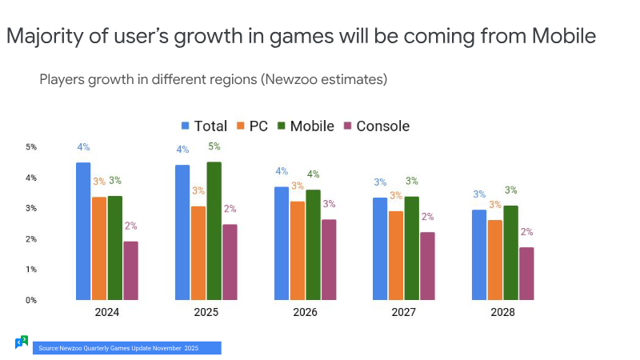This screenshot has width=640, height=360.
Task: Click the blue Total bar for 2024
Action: (83, 231)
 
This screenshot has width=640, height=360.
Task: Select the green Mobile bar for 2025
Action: (214, 231)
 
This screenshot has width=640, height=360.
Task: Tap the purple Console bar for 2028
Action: (526, 274)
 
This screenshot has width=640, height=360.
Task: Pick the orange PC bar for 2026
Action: (298, 250)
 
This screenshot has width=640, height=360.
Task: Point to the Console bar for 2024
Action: (130, 270)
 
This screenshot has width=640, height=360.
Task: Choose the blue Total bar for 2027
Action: (380, 249)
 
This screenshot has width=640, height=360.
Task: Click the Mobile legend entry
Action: (306, 126)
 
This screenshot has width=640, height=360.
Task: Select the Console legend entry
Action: (377, 126)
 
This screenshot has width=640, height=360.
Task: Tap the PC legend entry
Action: (252, 126)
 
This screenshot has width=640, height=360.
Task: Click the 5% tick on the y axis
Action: (31, 147)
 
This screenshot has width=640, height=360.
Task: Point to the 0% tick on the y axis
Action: (31, 301)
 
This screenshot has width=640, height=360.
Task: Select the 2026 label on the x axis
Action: (305, 312)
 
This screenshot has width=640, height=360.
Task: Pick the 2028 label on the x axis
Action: (502, 312)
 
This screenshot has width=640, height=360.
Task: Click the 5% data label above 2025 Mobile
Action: (214, 146)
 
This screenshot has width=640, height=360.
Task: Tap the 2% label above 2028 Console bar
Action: (526, 232)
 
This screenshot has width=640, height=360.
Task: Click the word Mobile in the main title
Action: (564, 36)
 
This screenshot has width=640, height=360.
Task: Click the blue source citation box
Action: (127, 348)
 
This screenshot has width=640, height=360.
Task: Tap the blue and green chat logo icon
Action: (22, 342)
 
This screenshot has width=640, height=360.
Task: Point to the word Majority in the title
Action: (46, 37)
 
